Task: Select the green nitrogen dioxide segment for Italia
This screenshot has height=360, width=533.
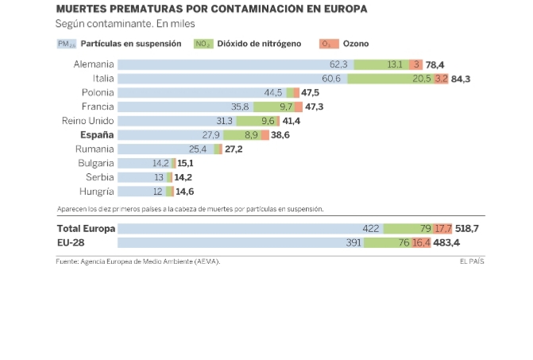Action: tap(389, 79)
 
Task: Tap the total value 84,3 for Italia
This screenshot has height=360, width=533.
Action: tap(460, 79)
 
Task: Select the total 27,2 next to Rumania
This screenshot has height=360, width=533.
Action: tap(234, 149)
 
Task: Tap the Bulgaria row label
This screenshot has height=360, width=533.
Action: tap(95, 163)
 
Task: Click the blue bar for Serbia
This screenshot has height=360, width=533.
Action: tap(141, 177)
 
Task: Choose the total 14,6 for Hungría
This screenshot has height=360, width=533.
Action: tap(184, 192)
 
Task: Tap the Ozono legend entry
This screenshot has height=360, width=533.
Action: tap(355, 44)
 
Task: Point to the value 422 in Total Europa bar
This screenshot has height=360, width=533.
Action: tap(370, 228)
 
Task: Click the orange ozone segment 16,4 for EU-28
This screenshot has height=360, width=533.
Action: tap(422, 242)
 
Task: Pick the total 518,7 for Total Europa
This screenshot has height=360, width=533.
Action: tap(467, 228)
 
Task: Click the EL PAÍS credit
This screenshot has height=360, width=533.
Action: tap(471, 261)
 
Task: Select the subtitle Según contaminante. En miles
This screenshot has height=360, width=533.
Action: tap(119, 25)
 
